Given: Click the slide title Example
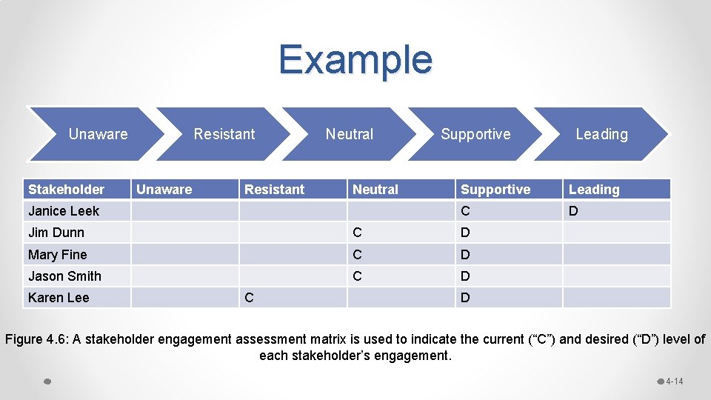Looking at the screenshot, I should (x=355, y=59).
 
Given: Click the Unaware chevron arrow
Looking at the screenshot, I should (x=98, y=134).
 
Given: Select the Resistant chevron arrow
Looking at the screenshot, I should (x=224, y=134).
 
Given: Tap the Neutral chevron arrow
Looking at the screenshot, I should (x=350, y=134).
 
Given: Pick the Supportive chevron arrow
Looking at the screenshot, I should (x=475, y=134).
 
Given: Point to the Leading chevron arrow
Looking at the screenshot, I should (x=601, y=134).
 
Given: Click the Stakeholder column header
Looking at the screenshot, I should (x=66, y=190).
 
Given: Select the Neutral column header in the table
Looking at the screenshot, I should (x=375, y=190).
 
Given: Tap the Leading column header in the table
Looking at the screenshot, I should (x=594, y=190).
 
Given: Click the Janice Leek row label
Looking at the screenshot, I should (x=64, y=211).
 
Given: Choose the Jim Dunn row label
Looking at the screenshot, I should (x=56, y=233).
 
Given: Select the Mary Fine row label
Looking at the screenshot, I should (x=58, y=255).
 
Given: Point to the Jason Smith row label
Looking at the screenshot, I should (x=64, y=276).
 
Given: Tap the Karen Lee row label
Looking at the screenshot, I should (x=59, y=298).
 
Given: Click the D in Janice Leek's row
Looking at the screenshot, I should (x=573, y=211).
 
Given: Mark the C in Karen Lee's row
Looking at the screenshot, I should (x=249, y=298).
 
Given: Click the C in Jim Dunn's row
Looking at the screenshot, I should (x=357, y=233).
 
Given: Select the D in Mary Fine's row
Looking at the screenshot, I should (x=465, y=255).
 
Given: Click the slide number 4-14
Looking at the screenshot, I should (x=674, y=381).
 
